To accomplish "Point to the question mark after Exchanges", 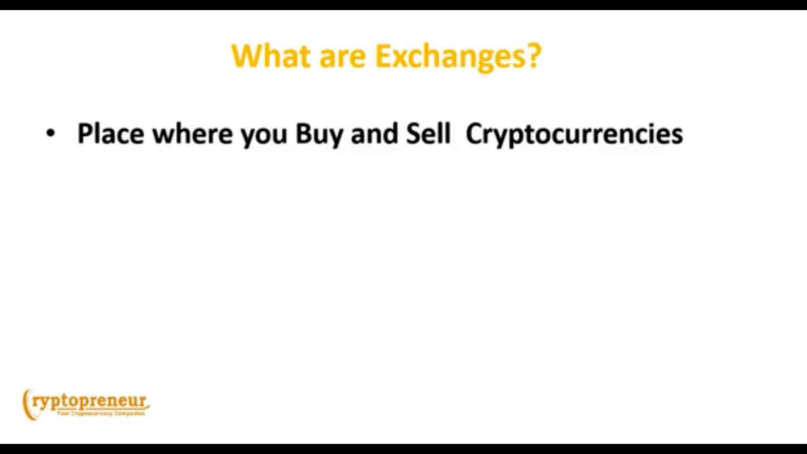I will (534, 56).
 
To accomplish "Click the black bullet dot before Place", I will (50, 134).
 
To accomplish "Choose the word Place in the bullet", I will (110, 134).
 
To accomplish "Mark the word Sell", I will (428, 134).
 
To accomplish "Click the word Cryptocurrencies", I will (574, 134).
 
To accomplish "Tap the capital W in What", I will (245, 56).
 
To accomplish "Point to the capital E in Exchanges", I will (383, 56).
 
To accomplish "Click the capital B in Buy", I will (303, 134).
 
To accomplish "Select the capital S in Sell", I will (413, 134).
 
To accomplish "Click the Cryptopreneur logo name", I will (90, 402).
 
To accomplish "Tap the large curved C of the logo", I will (27, 404).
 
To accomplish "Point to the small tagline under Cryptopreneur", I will (101, 414).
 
